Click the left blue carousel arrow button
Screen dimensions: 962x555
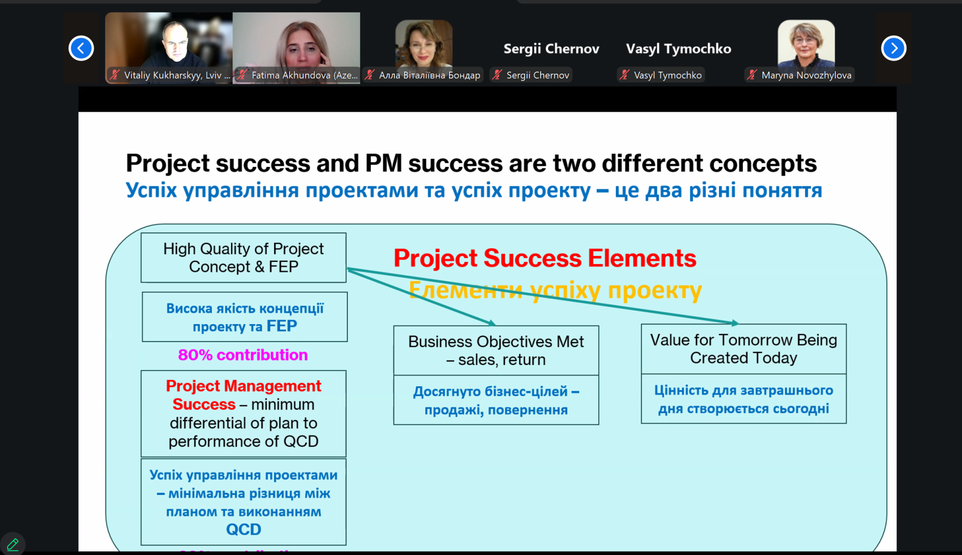pos(81,49)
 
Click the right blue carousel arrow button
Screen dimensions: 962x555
pos(894,49)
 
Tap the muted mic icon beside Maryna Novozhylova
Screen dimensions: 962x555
pos(752,75)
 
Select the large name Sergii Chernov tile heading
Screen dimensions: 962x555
pos(551,49)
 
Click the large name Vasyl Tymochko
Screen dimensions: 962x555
pos(678,49)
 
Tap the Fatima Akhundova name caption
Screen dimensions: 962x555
pos(305,75)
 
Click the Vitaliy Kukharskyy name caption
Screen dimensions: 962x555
pos(177,75)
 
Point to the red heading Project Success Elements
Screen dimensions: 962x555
pos(545,258)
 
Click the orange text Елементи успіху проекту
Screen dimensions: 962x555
pos(555,290)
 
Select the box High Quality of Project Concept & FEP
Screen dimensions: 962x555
pos(244,257)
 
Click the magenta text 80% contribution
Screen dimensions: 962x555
pos(243,355)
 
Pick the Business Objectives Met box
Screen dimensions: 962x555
pos(496,350)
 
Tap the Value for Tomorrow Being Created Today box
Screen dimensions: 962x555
pos(744,349)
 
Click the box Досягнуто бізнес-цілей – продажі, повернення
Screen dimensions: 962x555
pos(496,400)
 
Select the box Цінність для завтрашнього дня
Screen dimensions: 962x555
pos(744,399)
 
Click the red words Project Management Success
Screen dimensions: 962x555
pos(244,395)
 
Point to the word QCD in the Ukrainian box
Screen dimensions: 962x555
pos(244,529)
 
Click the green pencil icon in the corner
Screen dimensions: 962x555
pos(13,544)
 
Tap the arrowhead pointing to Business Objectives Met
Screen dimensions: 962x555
pos(492,323)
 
